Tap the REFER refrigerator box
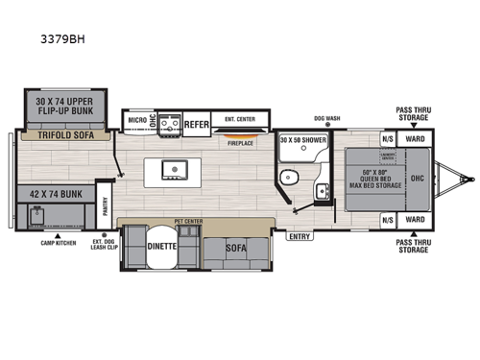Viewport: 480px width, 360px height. pyautogui.click(x=197, y=123)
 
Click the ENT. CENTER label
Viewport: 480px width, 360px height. pyautogui.click(x=241, y=119)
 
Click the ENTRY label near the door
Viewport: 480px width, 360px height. pyautogui.click(x=300, y=235)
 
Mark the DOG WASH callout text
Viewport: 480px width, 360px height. pyautogui.click(x=325, y=119)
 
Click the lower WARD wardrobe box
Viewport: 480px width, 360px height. pyautogui.click(x=416, y=219)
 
